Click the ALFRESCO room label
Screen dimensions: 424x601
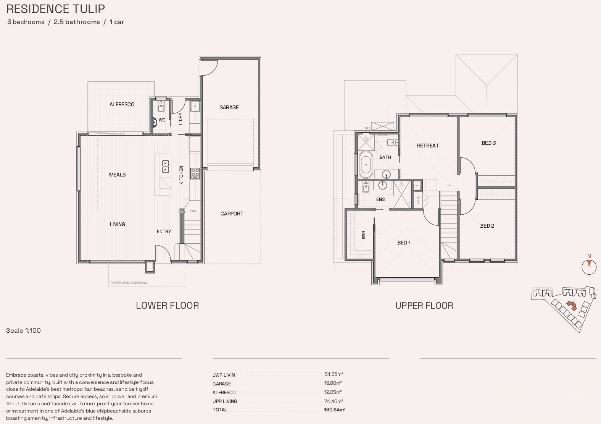click(122, 104)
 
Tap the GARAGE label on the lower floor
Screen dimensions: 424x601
click(229, 107)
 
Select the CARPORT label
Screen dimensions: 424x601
click(232, 214)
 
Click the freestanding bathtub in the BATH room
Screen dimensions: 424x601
click(366, 165)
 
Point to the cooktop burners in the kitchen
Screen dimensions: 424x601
click(195, 173)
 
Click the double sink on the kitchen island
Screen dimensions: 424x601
click(166, 166)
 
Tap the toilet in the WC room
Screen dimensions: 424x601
click(155, 121)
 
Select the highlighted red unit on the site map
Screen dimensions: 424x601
click(571, 305)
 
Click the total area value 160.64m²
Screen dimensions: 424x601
click(334, 409)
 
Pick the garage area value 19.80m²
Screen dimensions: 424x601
click(333, 383)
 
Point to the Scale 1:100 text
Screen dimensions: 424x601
click(23, 330)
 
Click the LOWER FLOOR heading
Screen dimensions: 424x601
click(167, 306)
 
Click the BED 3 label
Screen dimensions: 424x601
click(488, 143)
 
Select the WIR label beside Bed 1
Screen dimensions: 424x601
click(363, 235)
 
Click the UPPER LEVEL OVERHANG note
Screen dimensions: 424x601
click(129, 283)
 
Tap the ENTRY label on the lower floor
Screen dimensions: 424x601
click(164, 231)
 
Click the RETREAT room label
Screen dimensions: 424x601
click(428, 146)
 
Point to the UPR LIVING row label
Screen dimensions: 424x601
click(225, 401)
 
